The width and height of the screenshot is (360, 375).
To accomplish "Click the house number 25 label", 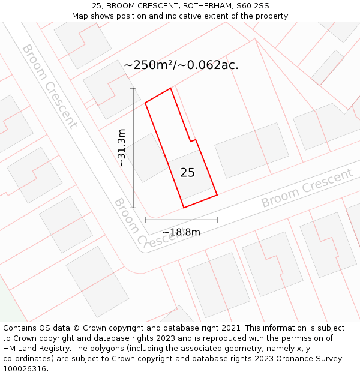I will pos(187,173).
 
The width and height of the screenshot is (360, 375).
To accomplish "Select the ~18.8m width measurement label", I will pos(181,232).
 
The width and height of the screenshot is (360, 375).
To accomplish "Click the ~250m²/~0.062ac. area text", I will pos(181,65).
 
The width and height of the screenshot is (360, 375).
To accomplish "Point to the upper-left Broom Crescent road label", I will pos(50,86).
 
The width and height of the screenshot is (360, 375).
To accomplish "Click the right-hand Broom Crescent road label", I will pos(307,188).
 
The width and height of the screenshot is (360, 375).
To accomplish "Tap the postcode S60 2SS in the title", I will pos(253,6).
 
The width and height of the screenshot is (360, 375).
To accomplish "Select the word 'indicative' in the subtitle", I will pos(184,16).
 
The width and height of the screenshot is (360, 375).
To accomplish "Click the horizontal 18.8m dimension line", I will pos(181,220).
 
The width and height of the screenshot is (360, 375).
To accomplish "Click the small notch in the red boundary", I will pos(193,141).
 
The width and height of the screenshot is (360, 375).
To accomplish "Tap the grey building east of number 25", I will pos(248,150).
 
